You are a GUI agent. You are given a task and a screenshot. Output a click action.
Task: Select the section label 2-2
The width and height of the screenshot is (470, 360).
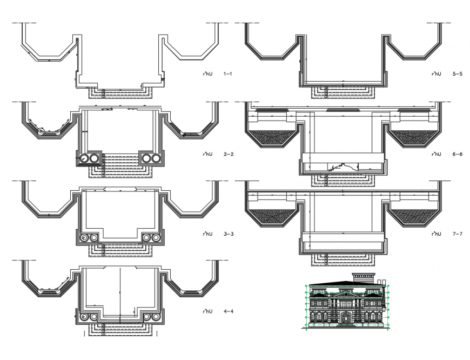[227, 155]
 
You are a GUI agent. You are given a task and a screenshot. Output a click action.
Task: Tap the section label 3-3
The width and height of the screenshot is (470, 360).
[227, 235]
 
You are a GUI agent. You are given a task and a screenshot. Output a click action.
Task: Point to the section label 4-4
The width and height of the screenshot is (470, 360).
[227, 311]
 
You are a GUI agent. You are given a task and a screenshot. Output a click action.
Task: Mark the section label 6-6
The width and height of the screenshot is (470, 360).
[457, 155]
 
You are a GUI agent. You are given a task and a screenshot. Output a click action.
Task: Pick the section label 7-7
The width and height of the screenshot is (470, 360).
[457, 235]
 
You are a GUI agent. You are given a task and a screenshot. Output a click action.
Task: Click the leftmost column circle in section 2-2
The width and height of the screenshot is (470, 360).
[84, 158]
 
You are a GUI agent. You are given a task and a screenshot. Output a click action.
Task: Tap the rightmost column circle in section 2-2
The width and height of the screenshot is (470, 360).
[157, 158]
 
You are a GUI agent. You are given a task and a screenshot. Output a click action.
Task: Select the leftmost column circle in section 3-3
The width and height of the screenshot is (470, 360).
[84, 238]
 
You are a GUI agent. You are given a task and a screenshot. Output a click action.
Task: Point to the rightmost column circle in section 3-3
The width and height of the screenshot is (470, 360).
[156, 238]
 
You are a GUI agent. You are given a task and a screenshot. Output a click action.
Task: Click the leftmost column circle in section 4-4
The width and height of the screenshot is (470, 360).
[84, 316]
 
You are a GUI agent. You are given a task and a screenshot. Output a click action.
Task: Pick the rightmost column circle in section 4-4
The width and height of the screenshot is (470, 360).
[156, 316]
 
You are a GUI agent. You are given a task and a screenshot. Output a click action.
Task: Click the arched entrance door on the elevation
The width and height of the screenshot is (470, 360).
[345, 321]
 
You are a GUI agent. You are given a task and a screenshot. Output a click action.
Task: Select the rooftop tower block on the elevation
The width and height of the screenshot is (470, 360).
[362, 278]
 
